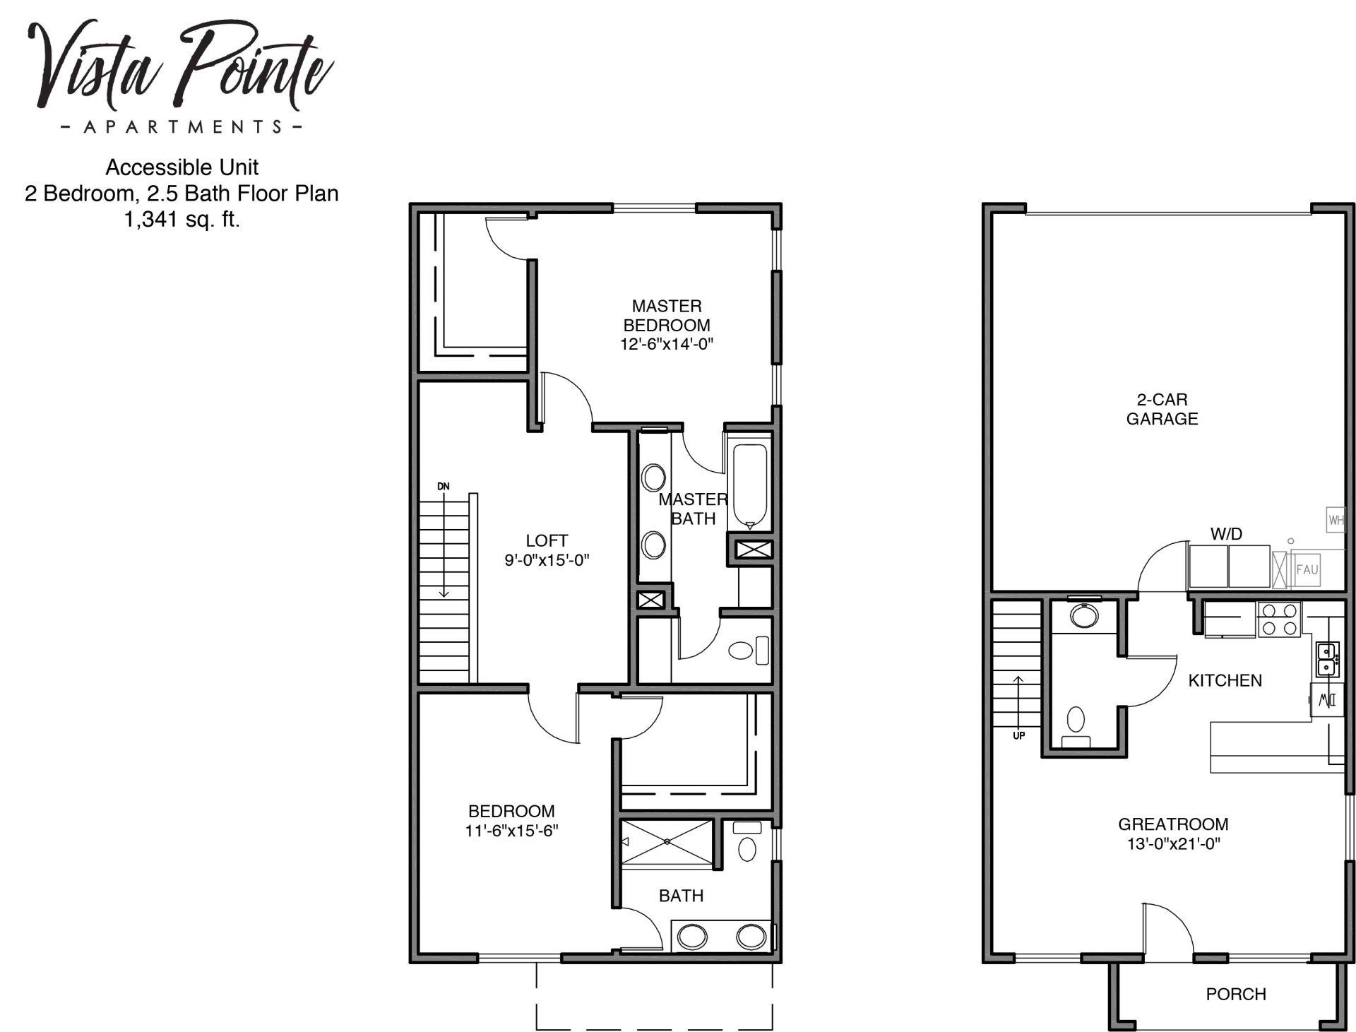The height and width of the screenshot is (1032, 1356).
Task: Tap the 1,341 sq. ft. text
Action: coord(182,220)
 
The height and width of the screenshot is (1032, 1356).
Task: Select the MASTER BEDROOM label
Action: coord(667,316)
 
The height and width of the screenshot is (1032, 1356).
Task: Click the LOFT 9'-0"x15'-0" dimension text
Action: coord(547,561)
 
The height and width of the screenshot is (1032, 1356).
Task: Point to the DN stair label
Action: coord(444,486)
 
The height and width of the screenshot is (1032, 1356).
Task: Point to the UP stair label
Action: coord(1018,735)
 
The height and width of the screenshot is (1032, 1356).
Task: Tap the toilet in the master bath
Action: coord(747,650)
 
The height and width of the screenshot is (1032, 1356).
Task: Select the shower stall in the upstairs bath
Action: coord(667,841)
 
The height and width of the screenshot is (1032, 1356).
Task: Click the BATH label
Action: coord(681,896)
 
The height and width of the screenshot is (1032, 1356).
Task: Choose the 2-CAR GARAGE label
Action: coord(1162,409)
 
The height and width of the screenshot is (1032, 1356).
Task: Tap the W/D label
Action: coord(1226,534)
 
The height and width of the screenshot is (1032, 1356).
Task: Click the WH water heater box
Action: coord(1336,521)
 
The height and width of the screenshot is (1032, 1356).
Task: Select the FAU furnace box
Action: coord(1307,569)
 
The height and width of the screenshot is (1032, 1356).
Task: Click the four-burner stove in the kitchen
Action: coord(1279,619)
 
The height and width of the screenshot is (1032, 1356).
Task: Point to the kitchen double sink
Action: coord(1326,658)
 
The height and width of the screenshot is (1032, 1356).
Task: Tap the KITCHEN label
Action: coord(1225,680)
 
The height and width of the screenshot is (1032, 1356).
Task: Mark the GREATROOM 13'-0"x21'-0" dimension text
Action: coord(1173,843)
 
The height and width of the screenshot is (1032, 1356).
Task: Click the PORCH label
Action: coord(1236,994)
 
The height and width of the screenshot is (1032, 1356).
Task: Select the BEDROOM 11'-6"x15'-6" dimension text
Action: coord(511,831)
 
